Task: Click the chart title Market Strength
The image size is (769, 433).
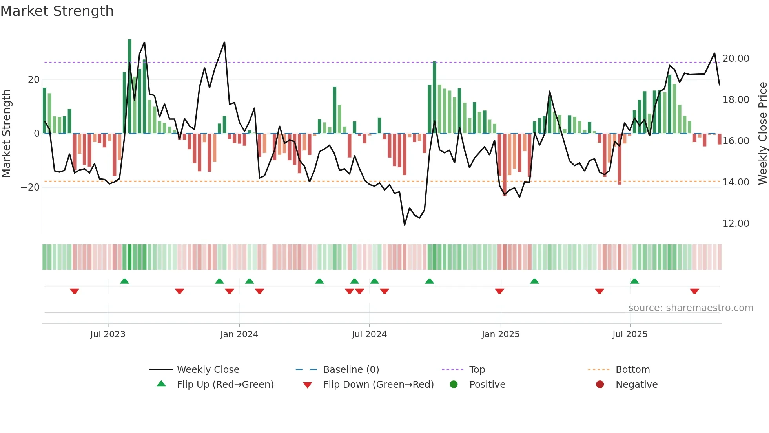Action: pos(57,11)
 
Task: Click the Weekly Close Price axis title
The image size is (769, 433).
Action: pos(762,133)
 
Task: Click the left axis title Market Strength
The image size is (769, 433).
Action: pos(6,133)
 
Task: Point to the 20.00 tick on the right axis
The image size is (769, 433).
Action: pos(736,59)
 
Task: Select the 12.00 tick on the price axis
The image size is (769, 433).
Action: pos(736,224)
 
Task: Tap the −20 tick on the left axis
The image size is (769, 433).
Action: pos(30,187)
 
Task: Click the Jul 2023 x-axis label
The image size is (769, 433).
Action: pos(108,334)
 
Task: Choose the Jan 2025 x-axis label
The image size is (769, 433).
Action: pos(501,334)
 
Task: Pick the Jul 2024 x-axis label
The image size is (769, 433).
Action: pos(369,334)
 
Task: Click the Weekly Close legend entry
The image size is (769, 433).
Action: pos(208,370)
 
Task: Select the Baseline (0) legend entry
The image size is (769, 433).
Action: pos(351,370)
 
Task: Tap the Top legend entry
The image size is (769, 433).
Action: pos(477,370)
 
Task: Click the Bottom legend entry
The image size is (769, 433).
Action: pos(632,370)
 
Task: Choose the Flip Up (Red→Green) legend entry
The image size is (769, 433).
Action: pos(225,385)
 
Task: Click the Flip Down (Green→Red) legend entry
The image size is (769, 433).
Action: pos(378,385)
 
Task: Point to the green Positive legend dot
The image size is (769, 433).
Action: pos(454,385)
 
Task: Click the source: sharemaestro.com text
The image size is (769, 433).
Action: pos(691,308)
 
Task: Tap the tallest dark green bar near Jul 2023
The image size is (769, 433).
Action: pos(129,86)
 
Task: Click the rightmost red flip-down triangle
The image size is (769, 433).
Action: pos(694,291)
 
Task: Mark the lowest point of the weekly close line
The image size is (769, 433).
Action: pos(405,225)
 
